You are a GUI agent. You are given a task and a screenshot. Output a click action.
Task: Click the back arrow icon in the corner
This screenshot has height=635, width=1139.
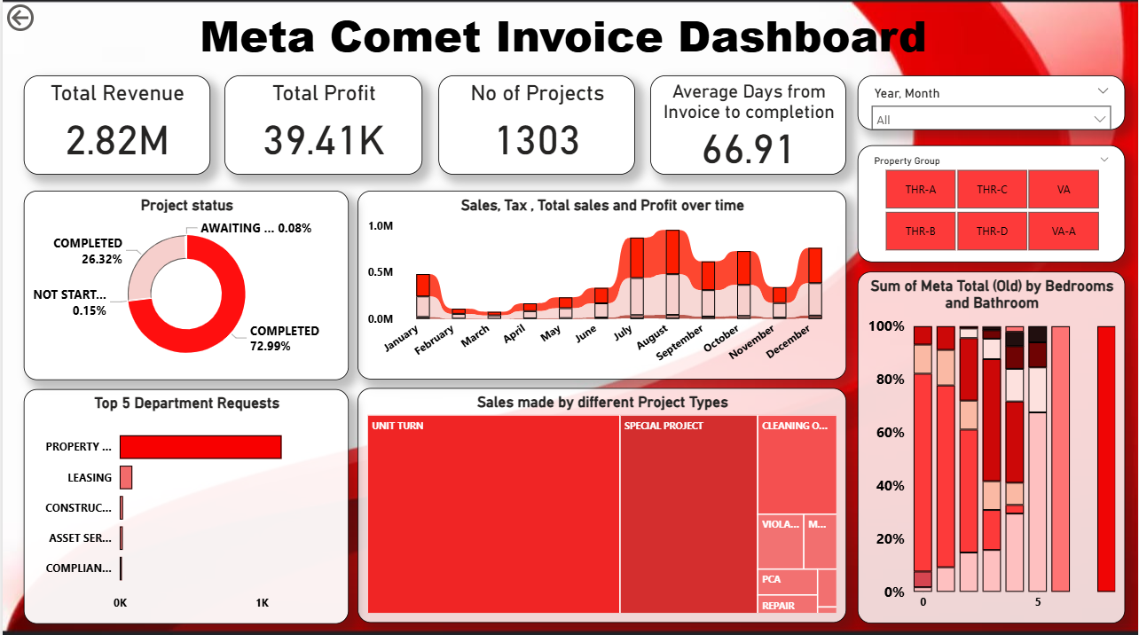[20, 18]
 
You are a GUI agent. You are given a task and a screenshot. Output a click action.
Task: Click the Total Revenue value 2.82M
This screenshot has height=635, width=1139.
[117, 140]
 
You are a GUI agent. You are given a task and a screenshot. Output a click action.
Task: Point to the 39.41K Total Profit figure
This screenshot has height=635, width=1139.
[324, 140]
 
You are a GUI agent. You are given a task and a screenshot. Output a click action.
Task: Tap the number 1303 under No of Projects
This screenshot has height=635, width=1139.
[537, 140]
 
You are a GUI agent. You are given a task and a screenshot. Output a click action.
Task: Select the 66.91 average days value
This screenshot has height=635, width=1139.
[748, 148]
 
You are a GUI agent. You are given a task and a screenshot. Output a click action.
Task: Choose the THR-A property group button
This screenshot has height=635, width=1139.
[920, 189]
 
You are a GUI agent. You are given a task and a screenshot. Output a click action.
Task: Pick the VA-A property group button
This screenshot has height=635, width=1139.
[1064, 231]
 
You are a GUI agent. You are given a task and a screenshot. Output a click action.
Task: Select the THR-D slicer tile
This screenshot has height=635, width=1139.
[992, 231]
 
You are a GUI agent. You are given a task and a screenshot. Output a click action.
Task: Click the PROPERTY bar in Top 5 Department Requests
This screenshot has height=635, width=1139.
[200, 447]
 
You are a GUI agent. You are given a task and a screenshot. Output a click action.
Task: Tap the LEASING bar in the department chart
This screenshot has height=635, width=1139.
[126, 477]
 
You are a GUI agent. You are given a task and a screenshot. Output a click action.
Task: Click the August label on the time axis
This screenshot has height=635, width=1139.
[652, 339]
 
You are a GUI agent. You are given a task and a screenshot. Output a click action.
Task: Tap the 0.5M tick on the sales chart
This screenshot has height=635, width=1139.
[381, 271]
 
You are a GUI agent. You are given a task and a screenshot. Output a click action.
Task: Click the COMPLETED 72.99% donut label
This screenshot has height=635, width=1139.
[284, 338]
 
